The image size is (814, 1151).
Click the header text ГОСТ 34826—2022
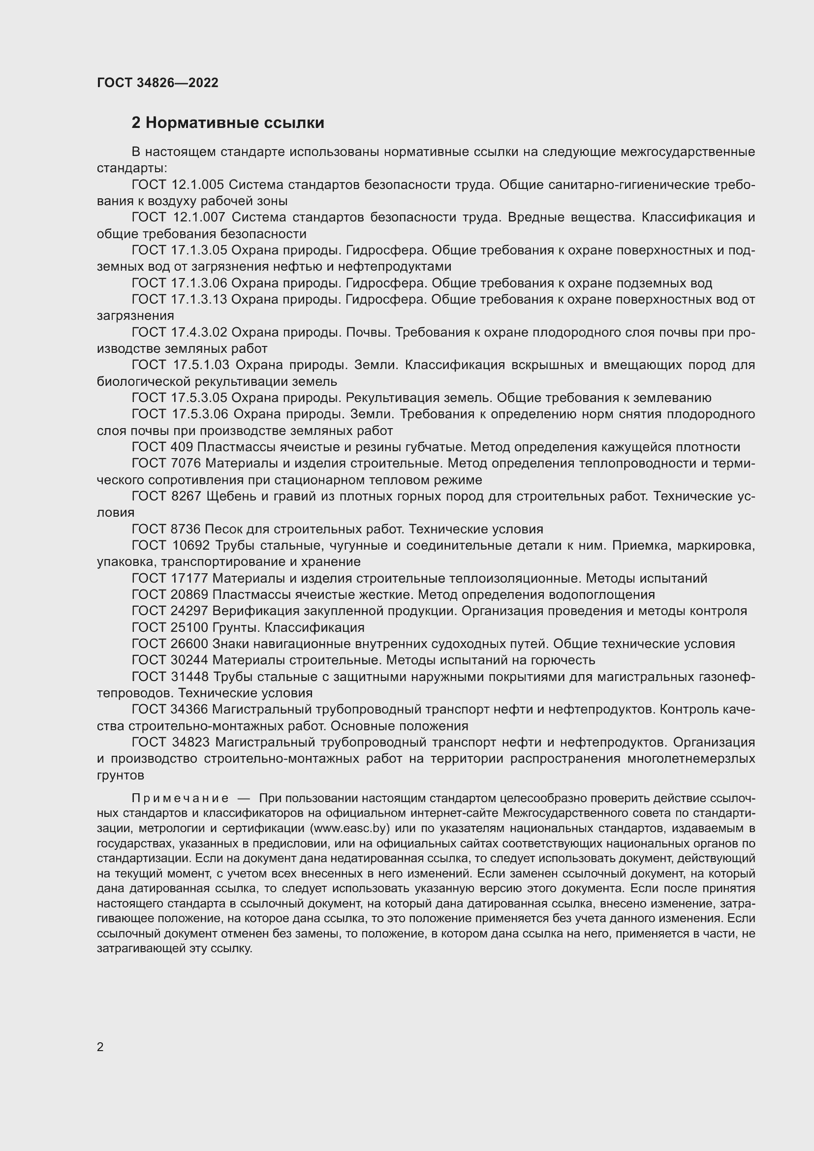click(x=157, y=83)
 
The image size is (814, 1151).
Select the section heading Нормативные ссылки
click(x=235, y=123)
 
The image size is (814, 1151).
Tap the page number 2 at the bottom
click(x=100, y=1047)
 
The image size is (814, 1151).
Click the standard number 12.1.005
click(x=198, y=185)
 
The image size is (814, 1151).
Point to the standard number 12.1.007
click(x=199, y=218)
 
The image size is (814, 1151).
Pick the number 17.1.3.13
click(x=199, y=299)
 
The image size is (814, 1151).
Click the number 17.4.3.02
click(x=199, y=332)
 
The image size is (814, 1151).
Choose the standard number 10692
click(x=193, y=545)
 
